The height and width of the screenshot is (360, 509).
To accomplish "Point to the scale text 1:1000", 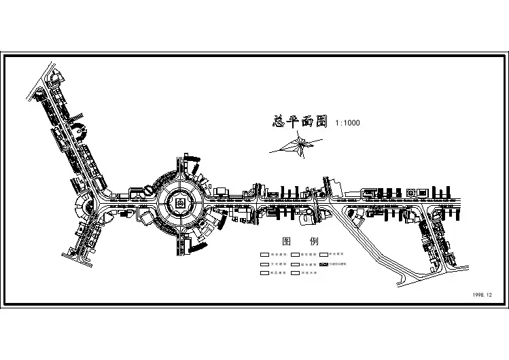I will coord(347,123).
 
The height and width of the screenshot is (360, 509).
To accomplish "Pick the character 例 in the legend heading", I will coord(314,241).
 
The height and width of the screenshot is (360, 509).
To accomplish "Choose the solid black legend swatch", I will coord(324,264).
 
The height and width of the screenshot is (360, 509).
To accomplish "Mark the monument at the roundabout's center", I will coord(180,202).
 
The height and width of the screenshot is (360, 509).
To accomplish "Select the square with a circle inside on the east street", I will coord(410,193).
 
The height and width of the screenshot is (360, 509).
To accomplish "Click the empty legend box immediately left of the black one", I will coord(296,264).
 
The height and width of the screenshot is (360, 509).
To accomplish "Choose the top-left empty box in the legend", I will coord(264,254).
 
